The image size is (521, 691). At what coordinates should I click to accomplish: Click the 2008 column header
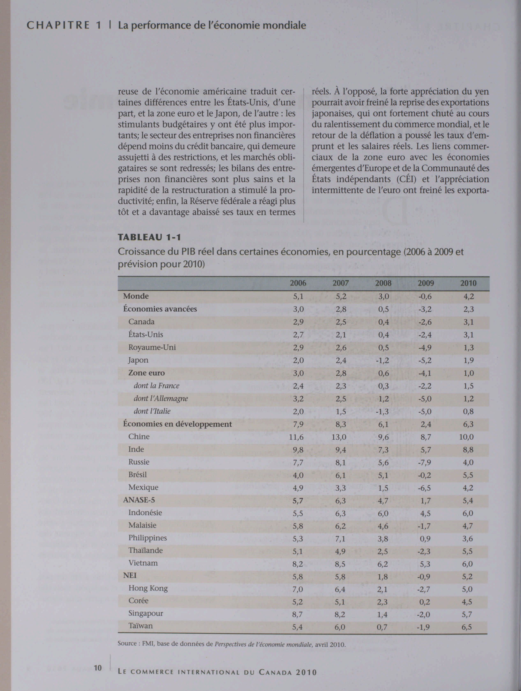383,283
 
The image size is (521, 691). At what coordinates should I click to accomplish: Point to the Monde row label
136,296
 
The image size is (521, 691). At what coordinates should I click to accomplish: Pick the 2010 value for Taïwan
467,627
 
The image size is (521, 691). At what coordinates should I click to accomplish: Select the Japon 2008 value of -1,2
382,360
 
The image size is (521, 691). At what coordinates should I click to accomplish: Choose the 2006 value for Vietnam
298,564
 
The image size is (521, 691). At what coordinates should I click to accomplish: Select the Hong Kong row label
148,589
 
